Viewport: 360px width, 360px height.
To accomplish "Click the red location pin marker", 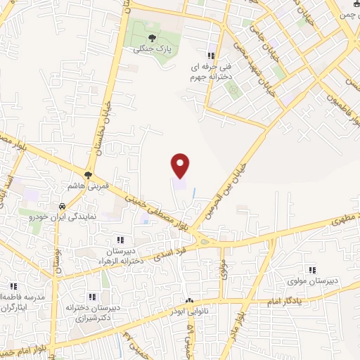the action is coord(181,166).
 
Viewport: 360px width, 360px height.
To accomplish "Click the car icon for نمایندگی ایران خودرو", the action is coord(63,207).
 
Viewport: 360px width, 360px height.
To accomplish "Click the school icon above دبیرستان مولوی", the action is coord(312,269).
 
